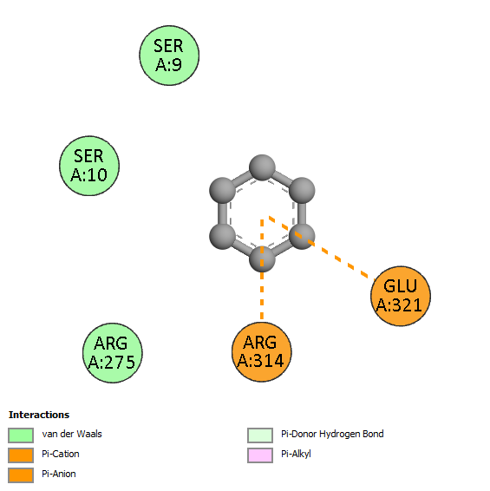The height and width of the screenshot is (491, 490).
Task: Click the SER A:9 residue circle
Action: click(169, 56)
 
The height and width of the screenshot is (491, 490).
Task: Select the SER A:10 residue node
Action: click(89, 166)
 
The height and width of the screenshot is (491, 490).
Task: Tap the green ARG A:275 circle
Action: click(113, 353)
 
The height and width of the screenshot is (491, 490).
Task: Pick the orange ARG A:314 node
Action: click(262, 352)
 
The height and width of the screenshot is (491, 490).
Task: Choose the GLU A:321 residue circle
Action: click(401, 296)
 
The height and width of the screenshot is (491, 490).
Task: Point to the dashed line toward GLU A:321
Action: click(322, 247)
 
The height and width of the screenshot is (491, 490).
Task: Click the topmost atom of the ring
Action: click(262, 167)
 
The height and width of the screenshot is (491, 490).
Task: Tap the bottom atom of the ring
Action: click(262, 259)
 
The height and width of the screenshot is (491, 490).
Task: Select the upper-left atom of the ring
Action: click(222, 190)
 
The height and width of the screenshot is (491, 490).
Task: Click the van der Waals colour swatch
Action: click(21, 435)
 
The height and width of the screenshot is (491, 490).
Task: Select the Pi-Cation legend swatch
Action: click(21, 455)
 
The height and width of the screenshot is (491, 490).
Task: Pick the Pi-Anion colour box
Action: click(21, 475)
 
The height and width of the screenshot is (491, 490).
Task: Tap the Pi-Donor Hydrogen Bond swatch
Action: click(260, 435)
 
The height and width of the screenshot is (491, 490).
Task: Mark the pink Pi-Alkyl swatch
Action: click(260, 455)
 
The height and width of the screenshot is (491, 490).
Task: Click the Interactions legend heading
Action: click(39, 415)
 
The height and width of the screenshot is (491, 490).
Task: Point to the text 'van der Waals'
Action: click(72, 434)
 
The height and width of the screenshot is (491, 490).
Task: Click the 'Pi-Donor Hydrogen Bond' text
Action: click(332, 434)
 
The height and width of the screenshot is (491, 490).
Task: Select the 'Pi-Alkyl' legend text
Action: click(296, 454)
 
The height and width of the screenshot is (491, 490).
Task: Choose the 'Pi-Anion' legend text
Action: click(59, 475)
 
